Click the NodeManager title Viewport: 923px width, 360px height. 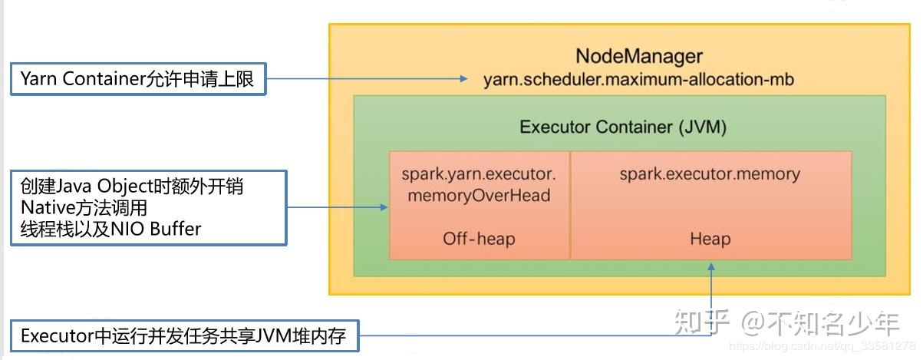(x=638, y=56)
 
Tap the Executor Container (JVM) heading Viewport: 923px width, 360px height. (x=622, y=127)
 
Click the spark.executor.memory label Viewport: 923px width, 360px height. (x=710, y=173)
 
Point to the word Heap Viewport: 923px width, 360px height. (x=710, y=239)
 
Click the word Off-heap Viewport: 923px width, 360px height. (x=479, y=239)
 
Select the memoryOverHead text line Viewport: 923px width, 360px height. (x=479, y=195)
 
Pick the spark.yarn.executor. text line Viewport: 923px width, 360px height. (x=479, y=173)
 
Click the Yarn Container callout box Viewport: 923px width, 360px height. (x=137, y=79)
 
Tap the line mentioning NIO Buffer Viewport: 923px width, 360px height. (x=110, y=228)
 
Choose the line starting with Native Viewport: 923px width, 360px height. (x=84, y=207)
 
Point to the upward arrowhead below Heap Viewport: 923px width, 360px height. (x=711, y=266)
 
